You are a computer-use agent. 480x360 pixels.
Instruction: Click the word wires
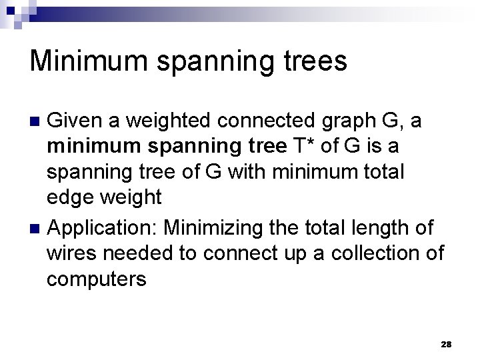pyautogui.click(x=69, y=253)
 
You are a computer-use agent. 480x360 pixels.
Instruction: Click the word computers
pyautogui.click(x=95, y=279)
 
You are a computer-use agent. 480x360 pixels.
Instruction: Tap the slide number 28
pyautogui.click(x=446, y=344)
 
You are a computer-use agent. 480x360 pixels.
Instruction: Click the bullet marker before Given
pyautogui.click(x=37, y=122)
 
